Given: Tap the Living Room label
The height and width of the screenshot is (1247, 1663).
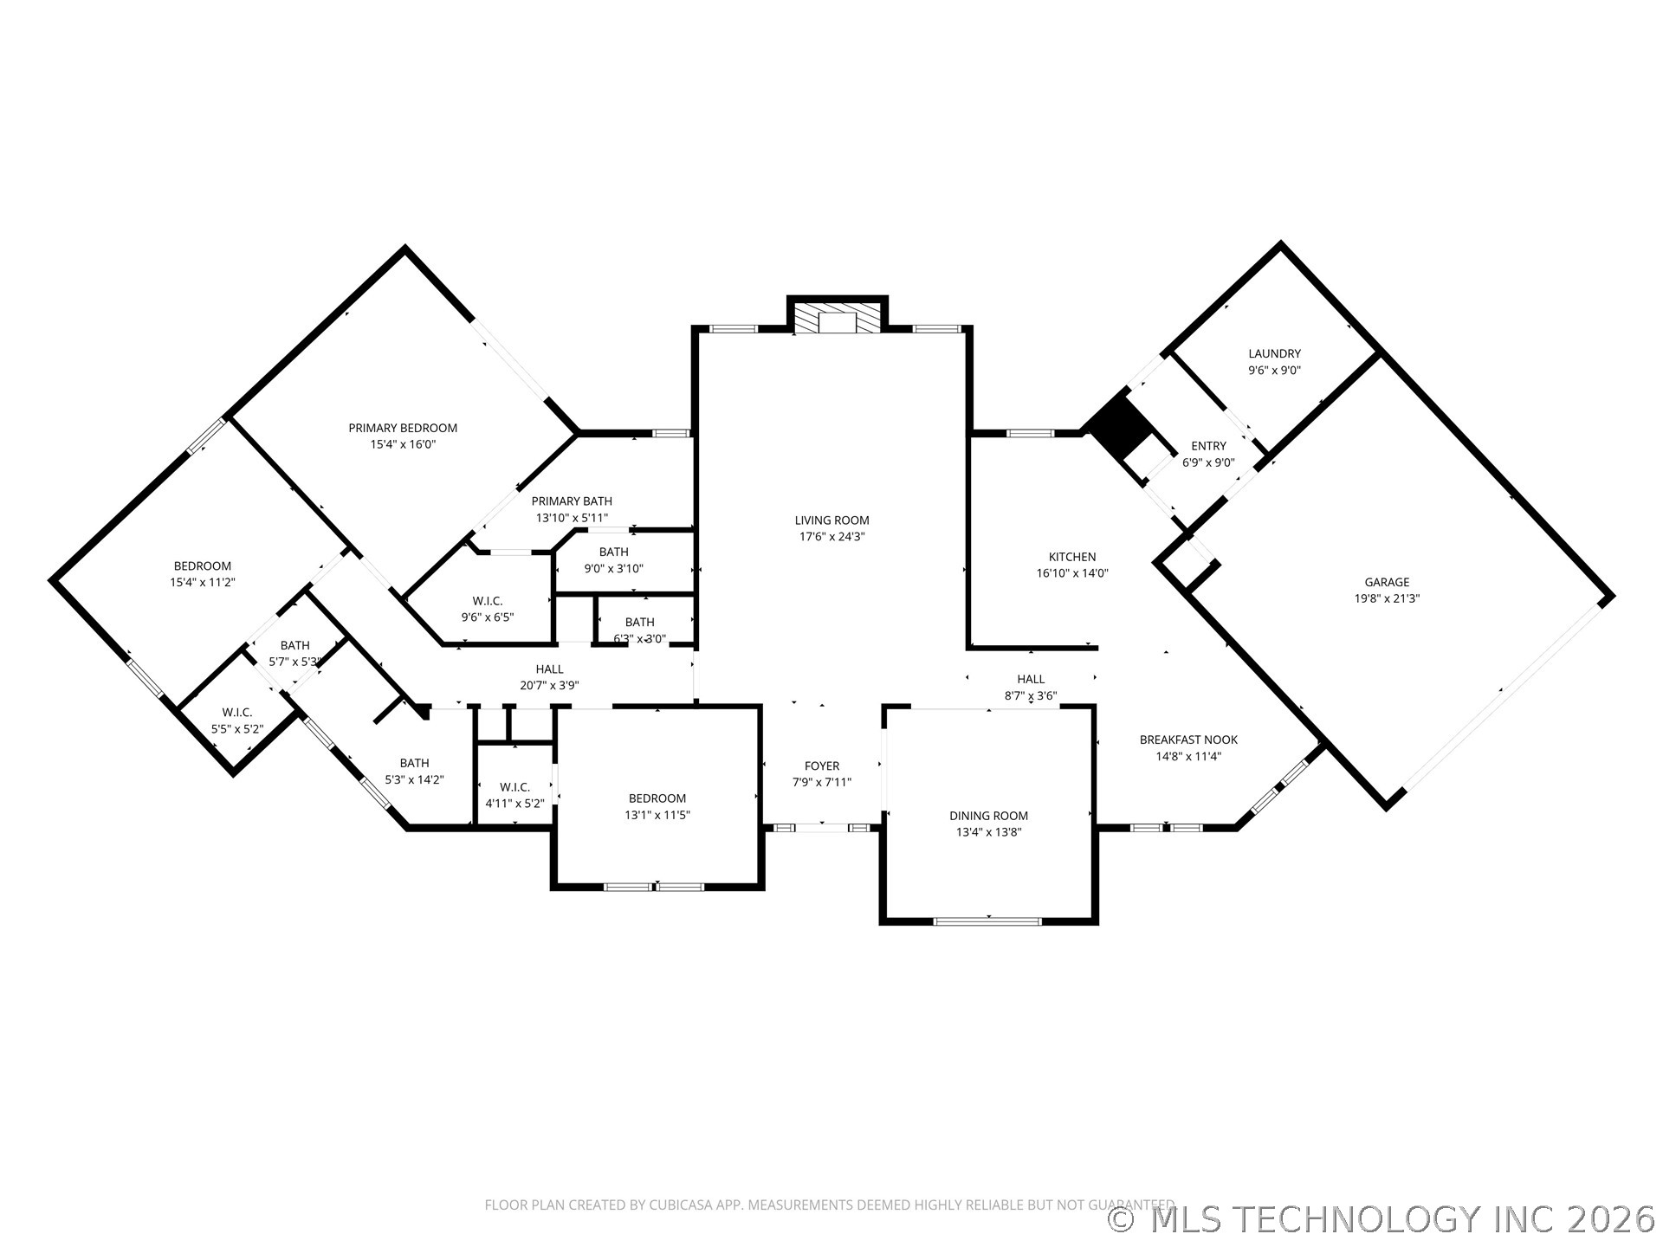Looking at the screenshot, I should (831, 520).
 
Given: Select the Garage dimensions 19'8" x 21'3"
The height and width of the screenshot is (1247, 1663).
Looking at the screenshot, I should (1387, 598).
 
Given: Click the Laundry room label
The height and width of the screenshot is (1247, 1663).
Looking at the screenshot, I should (1274, 353).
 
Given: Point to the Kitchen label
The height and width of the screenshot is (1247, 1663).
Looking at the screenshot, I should (1072, 557).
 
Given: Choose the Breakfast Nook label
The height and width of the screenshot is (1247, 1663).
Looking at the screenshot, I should (1188, 740).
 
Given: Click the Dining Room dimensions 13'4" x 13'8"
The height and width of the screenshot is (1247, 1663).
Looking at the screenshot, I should (988, 832).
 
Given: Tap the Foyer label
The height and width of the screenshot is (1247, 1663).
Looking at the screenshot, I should (821, 766).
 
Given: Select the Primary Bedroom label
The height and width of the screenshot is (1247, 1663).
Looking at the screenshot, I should (403, 428).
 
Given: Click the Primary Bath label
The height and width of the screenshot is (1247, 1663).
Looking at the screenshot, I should (572, 501).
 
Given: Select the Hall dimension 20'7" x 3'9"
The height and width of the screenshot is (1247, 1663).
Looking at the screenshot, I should (549, 685).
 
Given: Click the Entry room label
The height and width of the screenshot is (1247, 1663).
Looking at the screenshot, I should (1208, 446).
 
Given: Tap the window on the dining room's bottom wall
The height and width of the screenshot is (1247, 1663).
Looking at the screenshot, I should (988, 921).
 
